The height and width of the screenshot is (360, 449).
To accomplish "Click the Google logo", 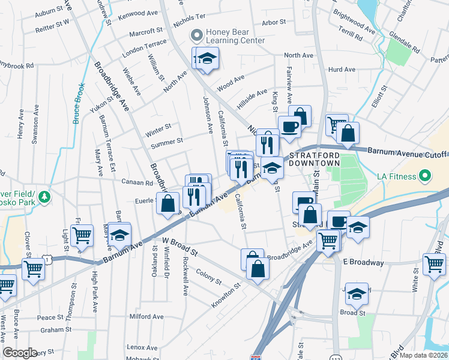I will (x=20, y=353).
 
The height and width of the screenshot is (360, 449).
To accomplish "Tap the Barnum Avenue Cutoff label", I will (x=407, y=151).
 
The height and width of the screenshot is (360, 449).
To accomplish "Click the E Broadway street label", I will (x=363, y=263).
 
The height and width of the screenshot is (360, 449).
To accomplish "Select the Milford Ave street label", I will (x=146, y=316).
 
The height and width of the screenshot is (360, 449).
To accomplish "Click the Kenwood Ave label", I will (x=139, y=13).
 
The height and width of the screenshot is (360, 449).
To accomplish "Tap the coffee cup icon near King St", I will (x=289, y=127).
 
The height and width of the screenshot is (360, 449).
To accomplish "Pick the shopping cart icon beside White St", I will (x=434, y=263).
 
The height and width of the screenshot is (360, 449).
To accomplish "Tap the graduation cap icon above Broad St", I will (x=357, y=293).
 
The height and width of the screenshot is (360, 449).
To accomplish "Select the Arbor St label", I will (x=273, y=23).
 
